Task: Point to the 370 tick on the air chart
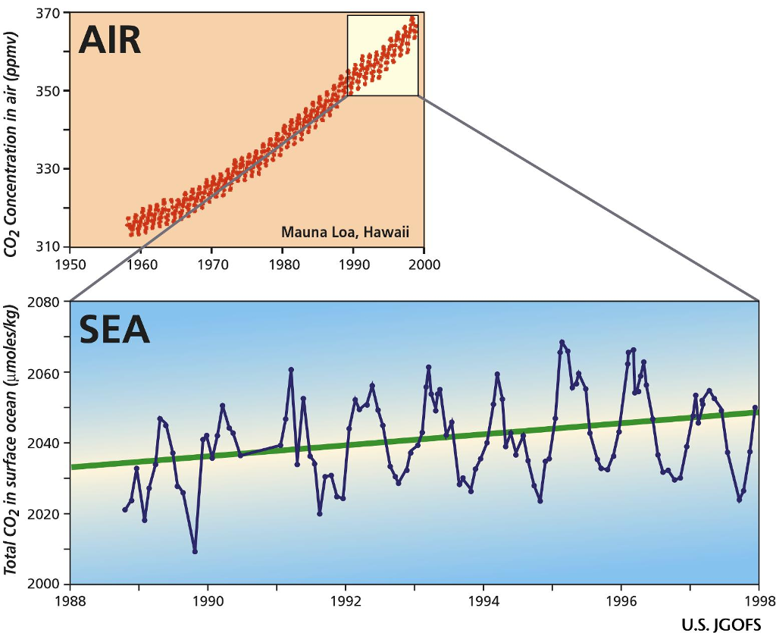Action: click(50, 13)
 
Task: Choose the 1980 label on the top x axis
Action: click(283, 265)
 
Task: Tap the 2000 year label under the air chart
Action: click(424, 265)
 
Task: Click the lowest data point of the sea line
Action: click(195, 552)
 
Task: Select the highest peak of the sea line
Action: click(562, 342)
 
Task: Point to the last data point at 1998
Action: click(756, 408)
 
